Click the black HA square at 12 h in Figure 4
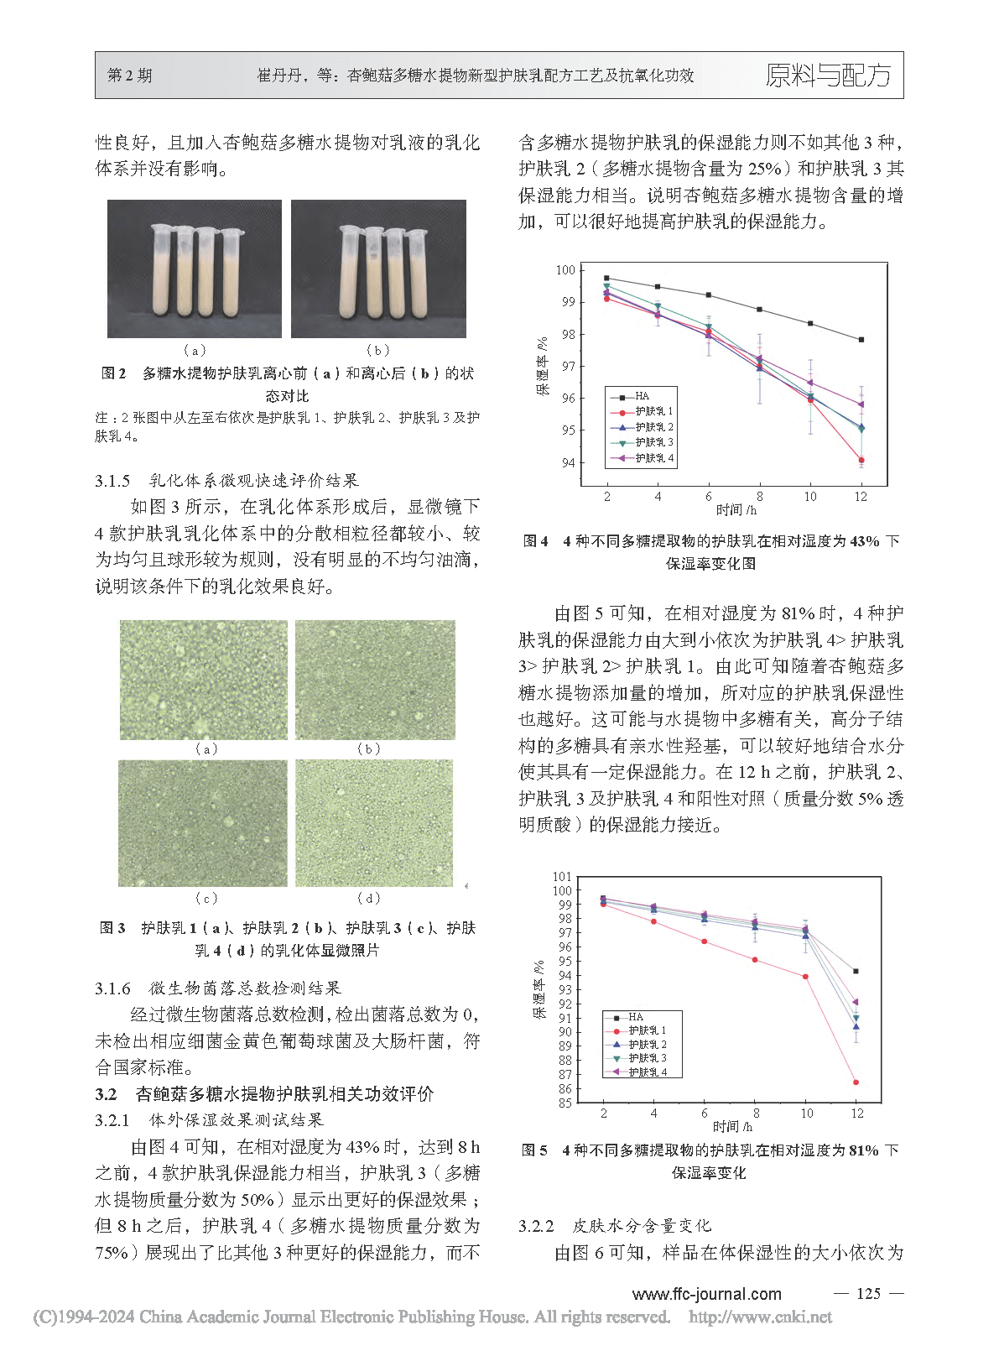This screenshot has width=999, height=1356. tap(861, 340)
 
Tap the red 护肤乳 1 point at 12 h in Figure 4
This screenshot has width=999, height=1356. tap(861, 460)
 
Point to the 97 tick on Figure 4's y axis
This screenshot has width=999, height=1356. tap(569, 366)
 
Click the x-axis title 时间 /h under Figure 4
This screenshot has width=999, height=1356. tap(736, 509)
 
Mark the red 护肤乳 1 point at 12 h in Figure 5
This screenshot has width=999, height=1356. tap(856, 1082)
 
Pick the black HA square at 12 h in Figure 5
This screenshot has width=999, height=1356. tap(856, 972)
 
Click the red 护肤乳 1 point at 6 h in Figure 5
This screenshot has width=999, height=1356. tap(704, 941)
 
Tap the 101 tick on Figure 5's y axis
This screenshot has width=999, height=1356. tap(562, 877)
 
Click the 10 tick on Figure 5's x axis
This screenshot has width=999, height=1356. tap(806, 1113)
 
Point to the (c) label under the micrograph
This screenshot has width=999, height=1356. tap(206, 898)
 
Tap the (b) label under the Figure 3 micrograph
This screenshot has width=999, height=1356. tap(369, 748)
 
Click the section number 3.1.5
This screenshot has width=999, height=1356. tap(112, 481)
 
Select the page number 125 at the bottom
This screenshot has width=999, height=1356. tap(868, 1293)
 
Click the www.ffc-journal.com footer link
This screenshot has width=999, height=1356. tap(706, 1294)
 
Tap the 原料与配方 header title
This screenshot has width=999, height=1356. tap(828, 76)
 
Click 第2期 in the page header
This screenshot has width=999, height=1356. tap(130, 76)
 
